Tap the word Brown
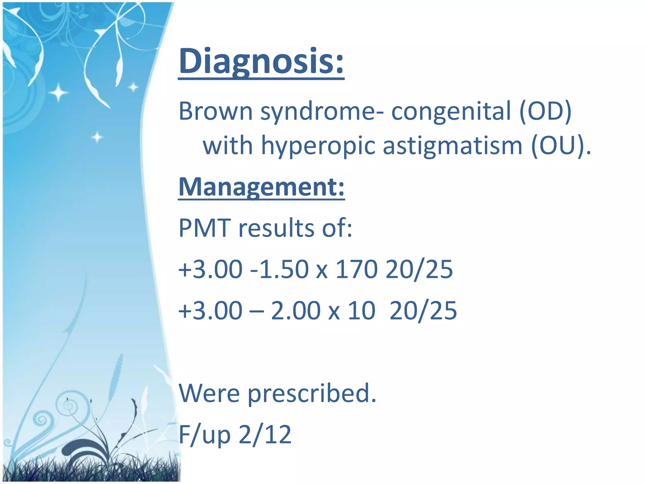click(x=215, y=111)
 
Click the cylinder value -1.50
click(x=279, y=269)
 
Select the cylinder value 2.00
click(x=296, y=311)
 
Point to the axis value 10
click(x=362, y=311)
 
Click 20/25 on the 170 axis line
click(x=419, y=269)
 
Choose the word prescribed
click(x=312, y=394)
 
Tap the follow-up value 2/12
click(x=265, y=435)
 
